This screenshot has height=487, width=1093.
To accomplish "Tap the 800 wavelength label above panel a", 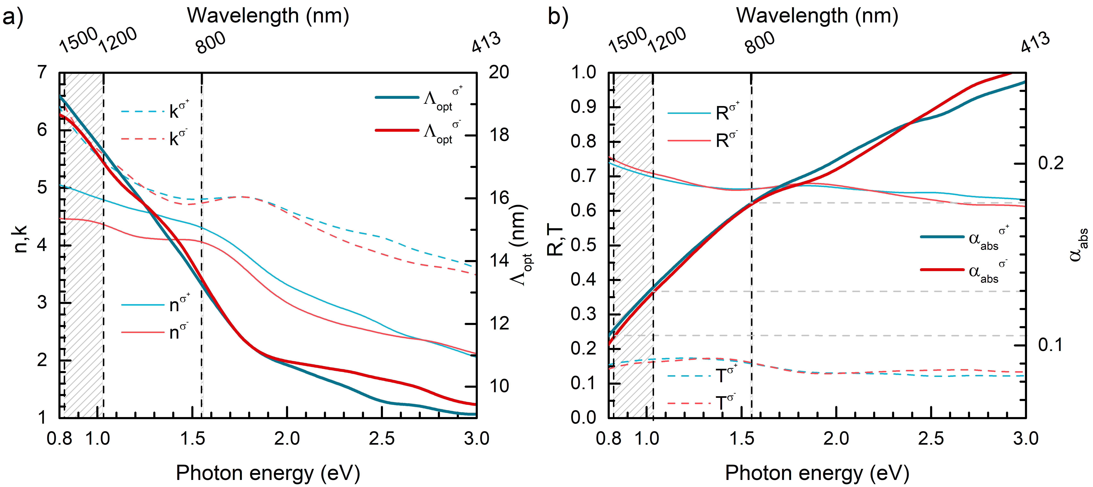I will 211,42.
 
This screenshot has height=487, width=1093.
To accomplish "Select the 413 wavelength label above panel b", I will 1035,42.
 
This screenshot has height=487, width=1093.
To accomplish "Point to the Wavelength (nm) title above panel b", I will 817,16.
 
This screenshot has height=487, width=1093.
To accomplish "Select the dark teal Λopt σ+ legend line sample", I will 397,98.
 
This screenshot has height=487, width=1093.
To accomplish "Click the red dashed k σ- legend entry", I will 155,138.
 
